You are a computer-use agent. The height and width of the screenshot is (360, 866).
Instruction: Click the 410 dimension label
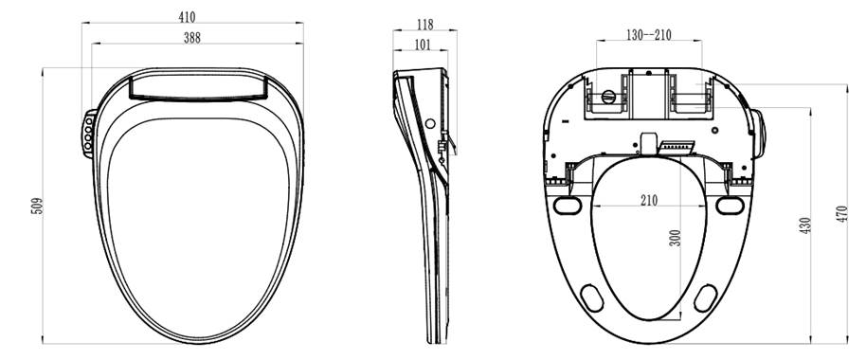(187, 17)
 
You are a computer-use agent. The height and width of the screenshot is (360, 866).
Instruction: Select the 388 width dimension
(192, 38)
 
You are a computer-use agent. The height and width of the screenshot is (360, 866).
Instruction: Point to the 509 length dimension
(36, 206)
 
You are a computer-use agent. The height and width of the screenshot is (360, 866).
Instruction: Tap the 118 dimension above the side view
(425, 25)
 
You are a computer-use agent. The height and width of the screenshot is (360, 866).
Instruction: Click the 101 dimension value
(423, 45)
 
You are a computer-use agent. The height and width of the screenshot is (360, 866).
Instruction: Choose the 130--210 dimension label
(649, 34)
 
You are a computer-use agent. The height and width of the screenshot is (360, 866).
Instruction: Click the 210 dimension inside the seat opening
(650, 201)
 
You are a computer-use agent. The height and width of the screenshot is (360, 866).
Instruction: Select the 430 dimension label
(805, 225)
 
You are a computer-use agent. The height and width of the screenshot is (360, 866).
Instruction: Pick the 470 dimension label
(841, 214)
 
